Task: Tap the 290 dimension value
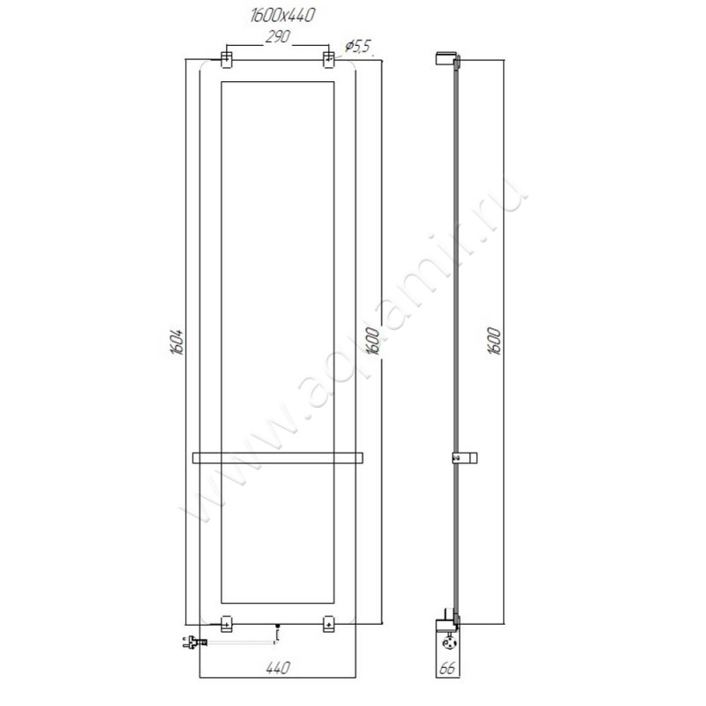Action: tap(277, 38)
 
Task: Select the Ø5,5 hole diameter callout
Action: tap(357, 46)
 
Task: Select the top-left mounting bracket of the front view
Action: tap(226, 59)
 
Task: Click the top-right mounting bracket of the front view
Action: tap(328, 59)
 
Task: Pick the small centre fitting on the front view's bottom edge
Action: tap(277, 630)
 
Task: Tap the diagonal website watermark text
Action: tap(353, 353)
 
